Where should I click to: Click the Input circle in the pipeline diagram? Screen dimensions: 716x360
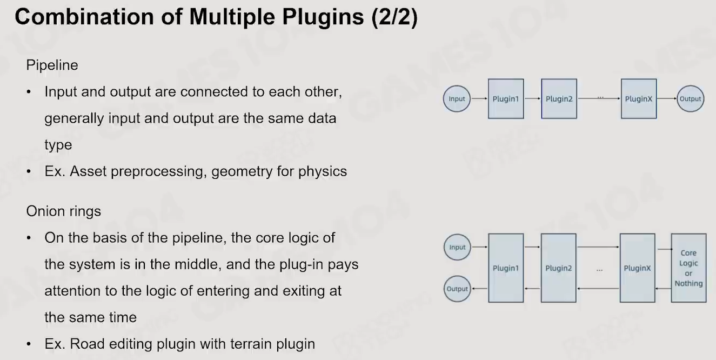[x=457, y=98]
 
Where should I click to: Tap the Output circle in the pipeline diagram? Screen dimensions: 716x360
[x=690, y=98]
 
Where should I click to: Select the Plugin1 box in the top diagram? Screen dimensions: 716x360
[x=506, y=99]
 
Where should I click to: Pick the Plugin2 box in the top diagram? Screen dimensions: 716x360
[x=559, y=99]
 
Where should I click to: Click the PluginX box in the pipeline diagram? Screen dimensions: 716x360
[x=639, y=99]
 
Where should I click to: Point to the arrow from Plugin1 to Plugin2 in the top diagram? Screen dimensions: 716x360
[x=532, y=98]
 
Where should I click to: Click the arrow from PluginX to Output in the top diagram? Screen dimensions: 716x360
[x=667, y=98]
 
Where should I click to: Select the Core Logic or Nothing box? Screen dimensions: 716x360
[x=688, y=268]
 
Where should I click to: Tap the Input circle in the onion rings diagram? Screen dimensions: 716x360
[x=457, y=247]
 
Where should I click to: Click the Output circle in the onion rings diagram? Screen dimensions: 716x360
[x=457, y=289]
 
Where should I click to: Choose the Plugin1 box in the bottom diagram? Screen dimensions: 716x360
[x=506, y=268]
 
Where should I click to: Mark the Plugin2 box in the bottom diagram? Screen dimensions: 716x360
[x=558, y=268]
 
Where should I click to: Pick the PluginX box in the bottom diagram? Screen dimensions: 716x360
[x=637, y=268]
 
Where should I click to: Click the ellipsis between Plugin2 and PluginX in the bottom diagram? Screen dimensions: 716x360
[x=599, y=270]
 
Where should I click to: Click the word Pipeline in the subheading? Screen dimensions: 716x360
[x=52, y=65]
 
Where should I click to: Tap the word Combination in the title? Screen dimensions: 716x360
[x=84, y=17]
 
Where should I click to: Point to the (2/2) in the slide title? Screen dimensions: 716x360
[x=394, y=17]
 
